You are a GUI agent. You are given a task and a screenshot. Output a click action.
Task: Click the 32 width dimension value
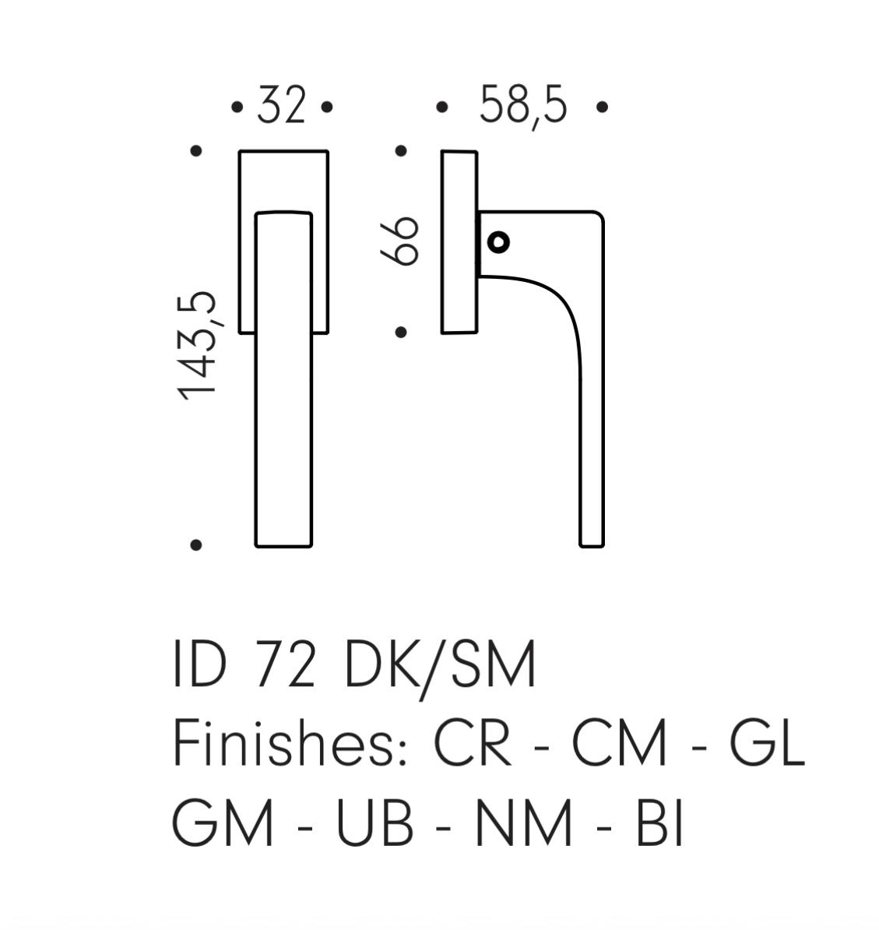282,106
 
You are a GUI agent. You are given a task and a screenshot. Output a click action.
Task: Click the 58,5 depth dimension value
522,107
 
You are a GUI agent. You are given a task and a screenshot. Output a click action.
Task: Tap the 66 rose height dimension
400,240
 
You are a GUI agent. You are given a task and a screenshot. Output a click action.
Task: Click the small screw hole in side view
498,242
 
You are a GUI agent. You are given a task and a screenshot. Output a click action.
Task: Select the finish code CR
473,743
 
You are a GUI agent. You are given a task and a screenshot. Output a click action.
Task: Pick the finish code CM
619,743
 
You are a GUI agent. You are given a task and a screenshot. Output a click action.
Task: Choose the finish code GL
767,743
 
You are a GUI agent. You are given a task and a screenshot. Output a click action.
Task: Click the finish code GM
223,823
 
